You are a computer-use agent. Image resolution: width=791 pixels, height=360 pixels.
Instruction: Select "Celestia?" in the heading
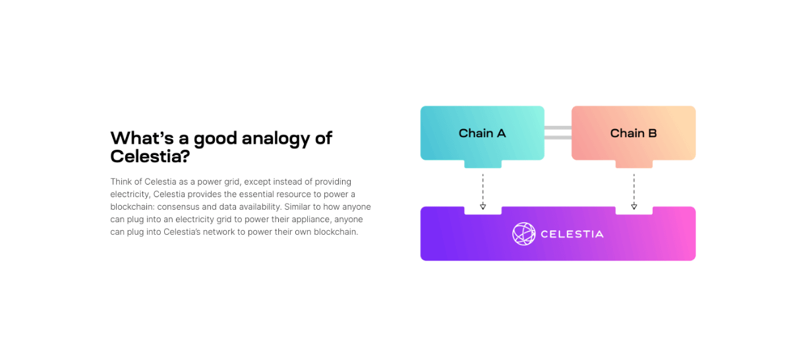click(150, 156)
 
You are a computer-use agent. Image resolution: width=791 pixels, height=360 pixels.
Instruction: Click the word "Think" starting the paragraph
click(121, 181)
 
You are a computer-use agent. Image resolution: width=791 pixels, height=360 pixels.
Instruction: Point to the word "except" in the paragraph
click(258, 181)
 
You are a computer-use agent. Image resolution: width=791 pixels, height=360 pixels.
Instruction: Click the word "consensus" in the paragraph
click(181, 206)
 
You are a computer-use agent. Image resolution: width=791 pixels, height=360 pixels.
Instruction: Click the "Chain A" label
click(482, 133)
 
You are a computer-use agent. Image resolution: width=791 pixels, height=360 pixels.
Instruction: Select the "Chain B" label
click(633, 133)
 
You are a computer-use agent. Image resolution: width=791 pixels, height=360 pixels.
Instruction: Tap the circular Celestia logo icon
click(524, 233)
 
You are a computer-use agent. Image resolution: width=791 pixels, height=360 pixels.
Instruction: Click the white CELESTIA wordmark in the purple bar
click(571, 234)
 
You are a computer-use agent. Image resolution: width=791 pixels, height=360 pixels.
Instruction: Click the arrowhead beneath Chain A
click(483, 206)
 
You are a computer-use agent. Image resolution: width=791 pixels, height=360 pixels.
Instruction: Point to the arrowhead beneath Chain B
click(634, 206)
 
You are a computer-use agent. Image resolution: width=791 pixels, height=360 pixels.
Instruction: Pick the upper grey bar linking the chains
click(558, 128)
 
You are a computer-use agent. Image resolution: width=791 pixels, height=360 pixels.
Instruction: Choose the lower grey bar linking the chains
click(558, 138)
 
